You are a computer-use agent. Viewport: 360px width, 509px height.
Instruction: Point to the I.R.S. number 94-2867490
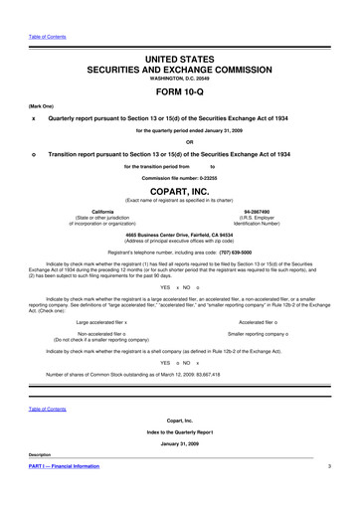pyautogui.click(x=258, y=213)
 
